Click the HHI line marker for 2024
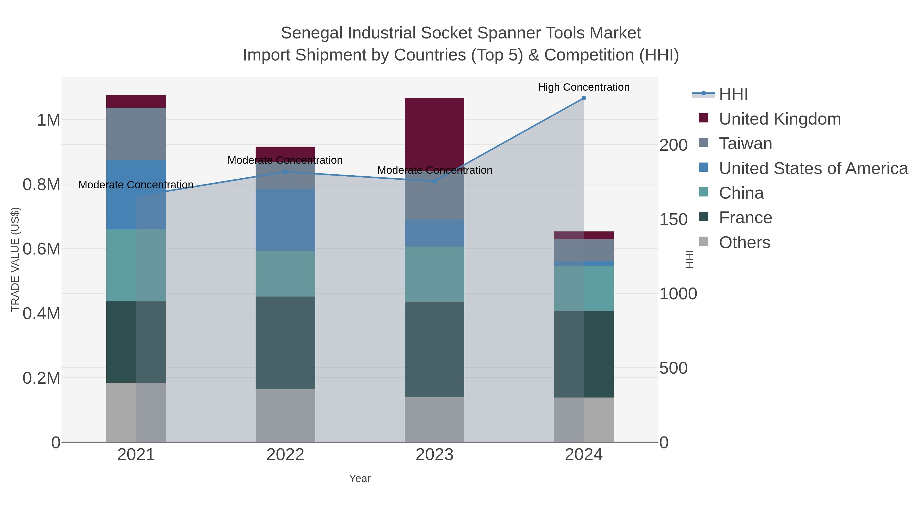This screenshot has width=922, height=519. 583,98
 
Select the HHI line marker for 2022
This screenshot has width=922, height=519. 285,172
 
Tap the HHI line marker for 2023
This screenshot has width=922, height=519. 435,181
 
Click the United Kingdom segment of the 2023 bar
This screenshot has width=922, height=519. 435,133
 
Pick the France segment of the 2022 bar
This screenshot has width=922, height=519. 285,343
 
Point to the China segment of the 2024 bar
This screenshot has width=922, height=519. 583,288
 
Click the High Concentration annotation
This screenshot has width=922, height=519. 583,87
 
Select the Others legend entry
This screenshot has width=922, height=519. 744,242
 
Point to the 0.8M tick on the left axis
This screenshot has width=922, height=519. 41,185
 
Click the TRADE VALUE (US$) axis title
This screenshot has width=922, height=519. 15,259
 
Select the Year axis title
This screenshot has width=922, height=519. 360,479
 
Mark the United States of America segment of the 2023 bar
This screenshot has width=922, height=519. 435,233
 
